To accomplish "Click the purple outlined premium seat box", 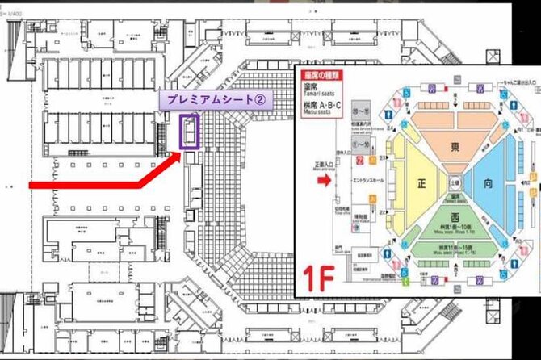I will pos(189,132).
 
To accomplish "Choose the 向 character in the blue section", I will pos(489,183).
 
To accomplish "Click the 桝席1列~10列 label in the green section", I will pos(455,231).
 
